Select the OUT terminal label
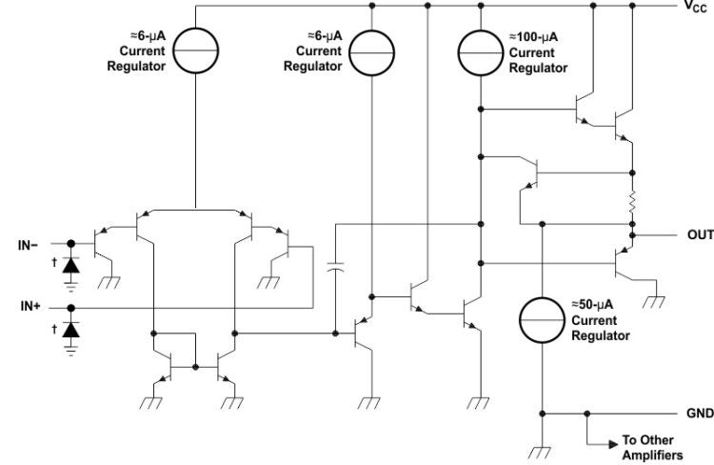pyautogui.click(x=699, y=234)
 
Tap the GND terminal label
pyautogui.click(x=700, y=414)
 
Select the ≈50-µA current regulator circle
pyautogui.click(x=542, y=319)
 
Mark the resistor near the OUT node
pyautogui.click(x=631, y=204)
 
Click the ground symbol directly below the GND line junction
pyautogui.click(x=542, y=454)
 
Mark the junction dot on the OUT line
pyautogui.click(x=631, y=234)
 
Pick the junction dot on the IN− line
pyautogui.click(x=71, y=244)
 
